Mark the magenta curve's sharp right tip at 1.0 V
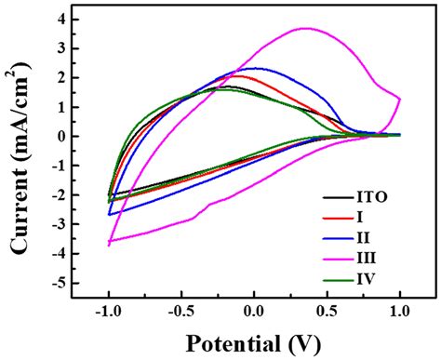[400, 98]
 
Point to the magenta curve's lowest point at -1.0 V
[109, 244]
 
